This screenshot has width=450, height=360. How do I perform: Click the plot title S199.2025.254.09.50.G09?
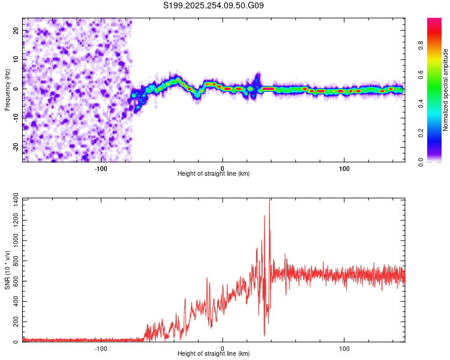point(214,6)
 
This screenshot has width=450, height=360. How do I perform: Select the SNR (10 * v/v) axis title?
point(8,270)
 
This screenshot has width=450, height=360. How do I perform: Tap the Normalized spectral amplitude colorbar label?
point(446,90)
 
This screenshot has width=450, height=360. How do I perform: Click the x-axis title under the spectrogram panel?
point(214,173)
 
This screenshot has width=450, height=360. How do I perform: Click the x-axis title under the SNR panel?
point(214,353)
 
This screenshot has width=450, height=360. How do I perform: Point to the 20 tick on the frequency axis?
point(16,30)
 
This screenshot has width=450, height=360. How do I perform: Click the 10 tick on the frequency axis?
point(16,59)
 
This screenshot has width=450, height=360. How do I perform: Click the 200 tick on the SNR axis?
point(13,322)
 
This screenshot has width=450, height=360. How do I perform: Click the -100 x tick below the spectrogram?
point(101,167)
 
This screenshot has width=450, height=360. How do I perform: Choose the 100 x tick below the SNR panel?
point(344,347)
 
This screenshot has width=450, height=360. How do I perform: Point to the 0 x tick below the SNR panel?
point(223,347)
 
